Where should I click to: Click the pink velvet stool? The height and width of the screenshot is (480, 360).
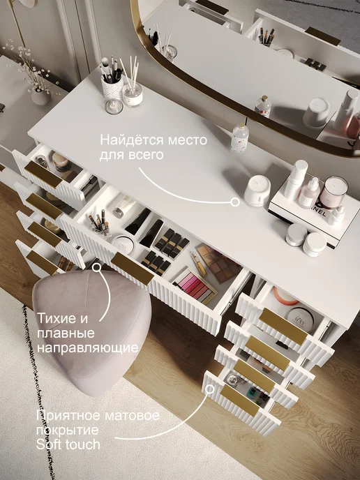point(92,331)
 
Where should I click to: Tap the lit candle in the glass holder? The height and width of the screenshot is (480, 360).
point(114,107)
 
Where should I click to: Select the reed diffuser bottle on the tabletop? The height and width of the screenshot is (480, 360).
point(132,92)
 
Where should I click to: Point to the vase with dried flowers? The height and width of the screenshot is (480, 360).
point(40,96)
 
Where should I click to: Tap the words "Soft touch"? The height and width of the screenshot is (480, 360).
point(68,444)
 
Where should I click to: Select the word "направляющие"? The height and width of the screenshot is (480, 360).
point(87,348)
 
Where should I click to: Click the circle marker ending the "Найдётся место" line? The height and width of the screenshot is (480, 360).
point(235,202)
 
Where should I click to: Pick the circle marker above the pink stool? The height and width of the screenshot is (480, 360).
point(97,267)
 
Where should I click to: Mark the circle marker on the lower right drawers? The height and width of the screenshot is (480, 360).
point(210,389)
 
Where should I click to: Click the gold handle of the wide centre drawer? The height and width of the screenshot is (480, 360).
point(133,269)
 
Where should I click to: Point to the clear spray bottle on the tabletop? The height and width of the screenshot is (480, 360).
point(239,139)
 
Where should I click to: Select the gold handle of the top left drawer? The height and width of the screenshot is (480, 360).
point(43,174)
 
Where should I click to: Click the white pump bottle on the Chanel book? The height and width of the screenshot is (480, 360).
point(295,179)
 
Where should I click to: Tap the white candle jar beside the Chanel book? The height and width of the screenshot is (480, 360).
point(257,190)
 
